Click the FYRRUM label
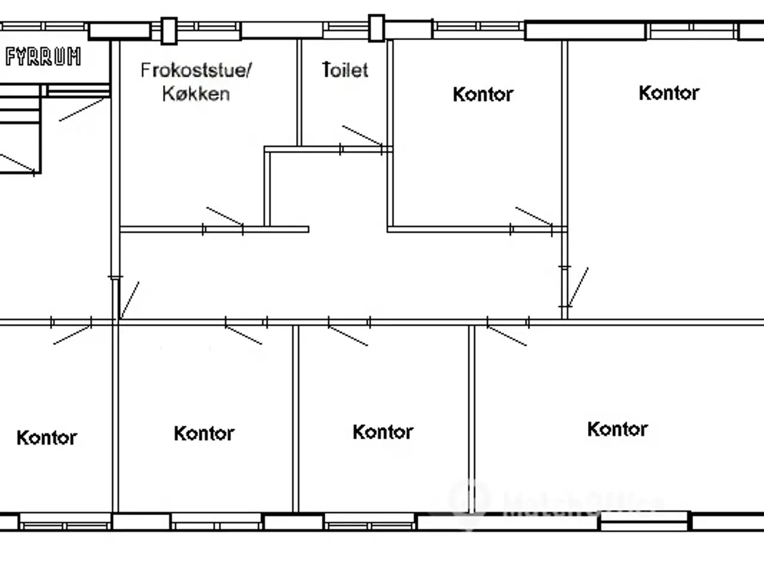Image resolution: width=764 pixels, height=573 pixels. (43, 57)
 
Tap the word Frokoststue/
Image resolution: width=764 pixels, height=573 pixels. (196, 70)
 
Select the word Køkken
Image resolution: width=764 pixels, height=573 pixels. (196, 94)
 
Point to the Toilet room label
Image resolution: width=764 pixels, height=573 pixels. (345, 70)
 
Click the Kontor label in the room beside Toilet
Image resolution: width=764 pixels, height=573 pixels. (483, 94)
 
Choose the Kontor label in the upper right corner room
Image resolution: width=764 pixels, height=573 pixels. (668, 93)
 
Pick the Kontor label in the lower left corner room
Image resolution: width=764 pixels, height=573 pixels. (47, 438)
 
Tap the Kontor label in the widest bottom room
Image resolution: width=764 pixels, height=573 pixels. (617, 429)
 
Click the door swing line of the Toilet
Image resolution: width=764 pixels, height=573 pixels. (362, 135)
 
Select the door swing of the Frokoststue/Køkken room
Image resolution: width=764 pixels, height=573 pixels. (224, 217)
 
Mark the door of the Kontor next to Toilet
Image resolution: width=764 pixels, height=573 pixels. (534, 217)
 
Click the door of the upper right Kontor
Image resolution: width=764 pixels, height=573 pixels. (578, 286)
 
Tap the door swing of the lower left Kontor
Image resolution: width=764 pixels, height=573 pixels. (72, 335)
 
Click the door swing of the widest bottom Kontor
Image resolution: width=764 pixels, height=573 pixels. (507, 335)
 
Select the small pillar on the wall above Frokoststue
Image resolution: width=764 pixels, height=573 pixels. (170, 30)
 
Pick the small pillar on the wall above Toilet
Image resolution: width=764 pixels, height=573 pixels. (376, 28)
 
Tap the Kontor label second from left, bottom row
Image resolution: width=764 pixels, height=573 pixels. (204, 433)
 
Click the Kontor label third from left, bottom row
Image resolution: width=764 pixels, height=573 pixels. (383, 432)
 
